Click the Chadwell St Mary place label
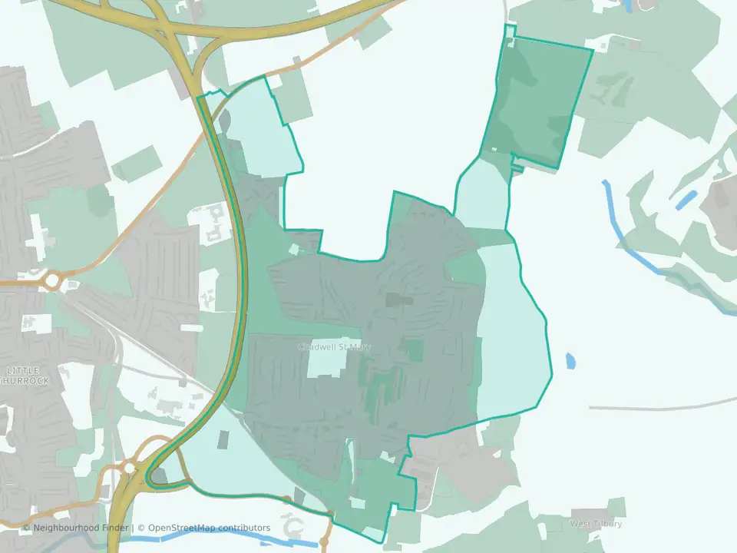click(334, 347)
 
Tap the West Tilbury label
click(595, 524)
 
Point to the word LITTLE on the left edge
click(26, 370)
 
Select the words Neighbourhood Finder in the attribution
click(81, 528)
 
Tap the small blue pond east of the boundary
click(570, 360)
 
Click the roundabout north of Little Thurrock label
click(51, 281)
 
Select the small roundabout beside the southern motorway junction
click(129, 466)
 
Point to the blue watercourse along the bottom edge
click(230, 540)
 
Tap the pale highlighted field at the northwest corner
click(261, 127)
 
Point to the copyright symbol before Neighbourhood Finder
click(27, 528)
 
